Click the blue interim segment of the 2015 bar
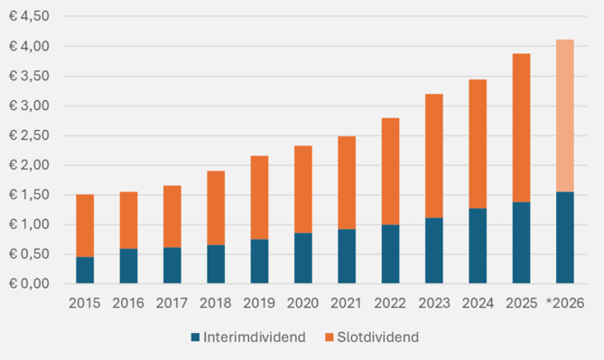coord(85,271)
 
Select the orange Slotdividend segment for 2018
coord(216,208)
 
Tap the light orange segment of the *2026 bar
coord(564,115)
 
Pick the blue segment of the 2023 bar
coord(434,251)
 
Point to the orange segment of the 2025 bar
coord(521,128)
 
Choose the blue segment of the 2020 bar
coord(303,258)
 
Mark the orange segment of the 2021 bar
coord(347,183)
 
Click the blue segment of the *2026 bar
coord(564,237)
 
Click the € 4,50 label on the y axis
coord(29,16)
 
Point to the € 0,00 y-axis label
coord(29,284)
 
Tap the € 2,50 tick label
coord(29,135)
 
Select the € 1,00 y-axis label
coord(29,224)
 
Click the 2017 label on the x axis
coord(172,303)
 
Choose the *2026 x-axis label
coord(565,303)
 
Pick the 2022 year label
coord(390,303)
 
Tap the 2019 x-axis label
coord(259,303)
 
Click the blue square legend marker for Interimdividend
coord(195,337)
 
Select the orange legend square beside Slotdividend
coord(329,337)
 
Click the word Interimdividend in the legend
coord(255,337)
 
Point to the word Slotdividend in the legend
coord(378,337)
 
